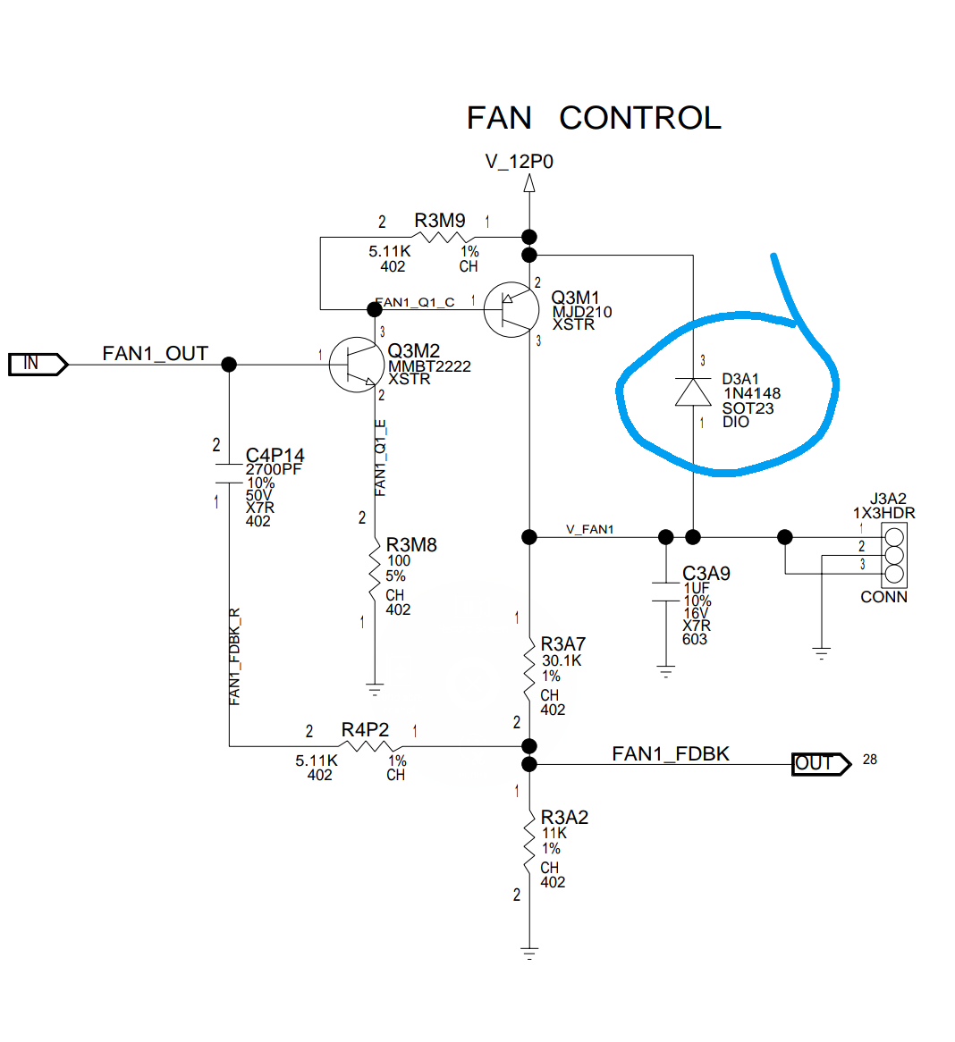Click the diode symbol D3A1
pyautogui.click(x=693, y=391)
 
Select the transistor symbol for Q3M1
pyautogui.click(x=511, y=309)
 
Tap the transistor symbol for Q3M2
pyautogui.click(x=357, y=365)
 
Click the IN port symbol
pyautogui.click(x=37, y=364)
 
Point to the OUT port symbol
pyautogui.click(x=820, y=764)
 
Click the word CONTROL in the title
pyautogui.click(x=639, y=118)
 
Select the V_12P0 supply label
pyautogui.click(x=520, y=162)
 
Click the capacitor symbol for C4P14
pyautogui.click(x=229, y=473)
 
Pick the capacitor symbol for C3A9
pyautogui.click(x=665, y=592)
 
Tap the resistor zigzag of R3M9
pyautogui.click(x=440, y=237)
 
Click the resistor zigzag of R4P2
pyautogui.click(x=366, y=745)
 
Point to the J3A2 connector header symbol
pyautogui.click(x=893, y=554)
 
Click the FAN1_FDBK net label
pyautogui.click(x=671, y=754)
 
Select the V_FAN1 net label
pyautogui.click(x=590, y=529)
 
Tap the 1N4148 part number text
pyautogui.click(x=752, y=393)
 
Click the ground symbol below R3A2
pyautogui.click(x=529, y=952)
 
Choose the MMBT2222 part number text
pyautogui.click(x=429, y=366)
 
